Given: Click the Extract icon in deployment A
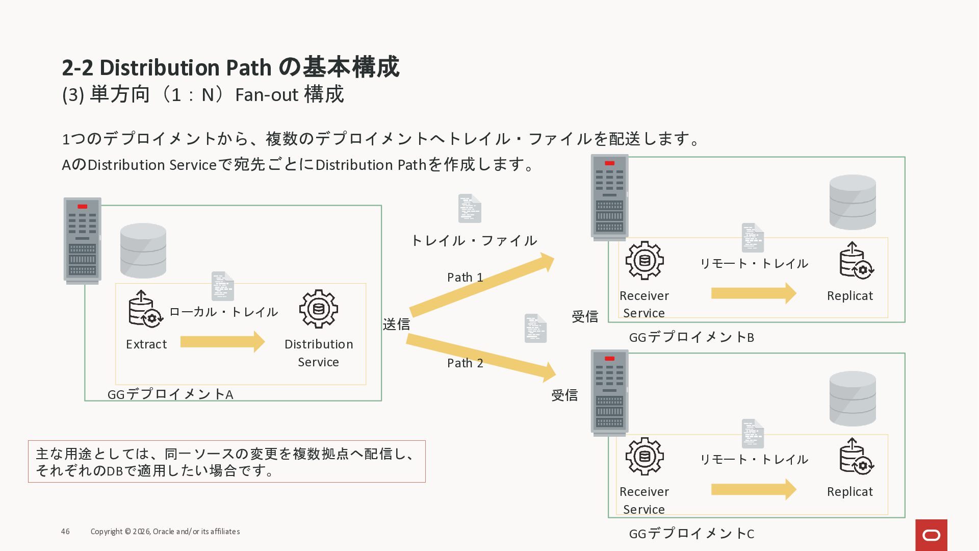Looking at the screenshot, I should click(145, 309).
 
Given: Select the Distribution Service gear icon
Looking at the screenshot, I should click(319, 309).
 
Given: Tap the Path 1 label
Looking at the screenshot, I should click(465, 278).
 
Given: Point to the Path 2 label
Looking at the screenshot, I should click(465, 363).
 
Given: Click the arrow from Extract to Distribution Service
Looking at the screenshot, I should click(222, 342).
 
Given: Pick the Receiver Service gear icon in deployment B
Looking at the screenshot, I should click(645, 261).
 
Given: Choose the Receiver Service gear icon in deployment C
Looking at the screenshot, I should click(645, 457).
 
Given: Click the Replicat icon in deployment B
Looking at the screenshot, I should click(856, 261).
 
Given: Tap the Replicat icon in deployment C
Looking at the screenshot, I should click(856, 457).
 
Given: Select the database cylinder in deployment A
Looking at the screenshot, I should click(143, 251).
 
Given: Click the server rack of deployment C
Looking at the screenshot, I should click(609, 393).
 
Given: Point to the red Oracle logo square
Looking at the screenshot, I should click(931, 535).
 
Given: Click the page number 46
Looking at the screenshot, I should click(65, 532).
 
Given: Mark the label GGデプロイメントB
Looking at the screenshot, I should click(691, 337).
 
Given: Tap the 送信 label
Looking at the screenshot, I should click(396, 324).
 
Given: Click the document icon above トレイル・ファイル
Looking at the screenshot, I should click(470, 208).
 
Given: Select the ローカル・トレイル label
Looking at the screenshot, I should click(223, 312).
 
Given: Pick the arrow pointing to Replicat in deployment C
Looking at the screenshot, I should click(753, 490).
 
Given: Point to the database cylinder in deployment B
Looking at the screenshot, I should click(853, 202).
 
